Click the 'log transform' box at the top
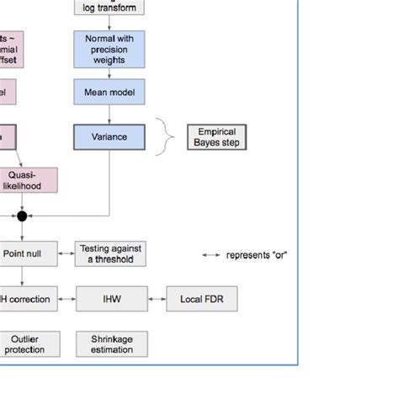point(109,7)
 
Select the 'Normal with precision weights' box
point(109,48)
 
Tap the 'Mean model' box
point(109,92)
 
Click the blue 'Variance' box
point(109,136)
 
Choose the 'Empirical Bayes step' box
point(217,136)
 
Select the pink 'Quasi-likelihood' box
point(28,180)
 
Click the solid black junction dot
point(23,216)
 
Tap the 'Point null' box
point(28,253)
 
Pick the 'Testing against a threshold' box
point(111,253)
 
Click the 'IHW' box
point(111,298)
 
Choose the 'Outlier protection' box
point(28,343)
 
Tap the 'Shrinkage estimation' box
point(111,343)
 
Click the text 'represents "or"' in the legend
point(257,254)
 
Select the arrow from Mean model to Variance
point(109,114)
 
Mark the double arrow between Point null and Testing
point(67,253)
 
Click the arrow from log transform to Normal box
point(109,23)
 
